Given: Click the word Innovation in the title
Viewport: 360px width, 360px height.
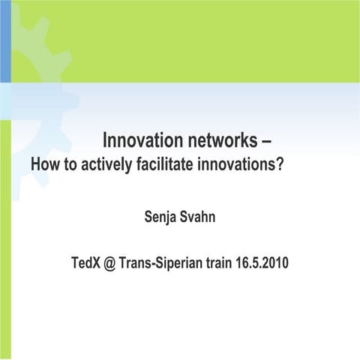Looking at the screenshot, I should click(x=138, y=141).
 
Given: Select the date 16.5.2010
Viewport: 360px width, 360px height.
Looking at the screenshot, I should click(x=262, y=264).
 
